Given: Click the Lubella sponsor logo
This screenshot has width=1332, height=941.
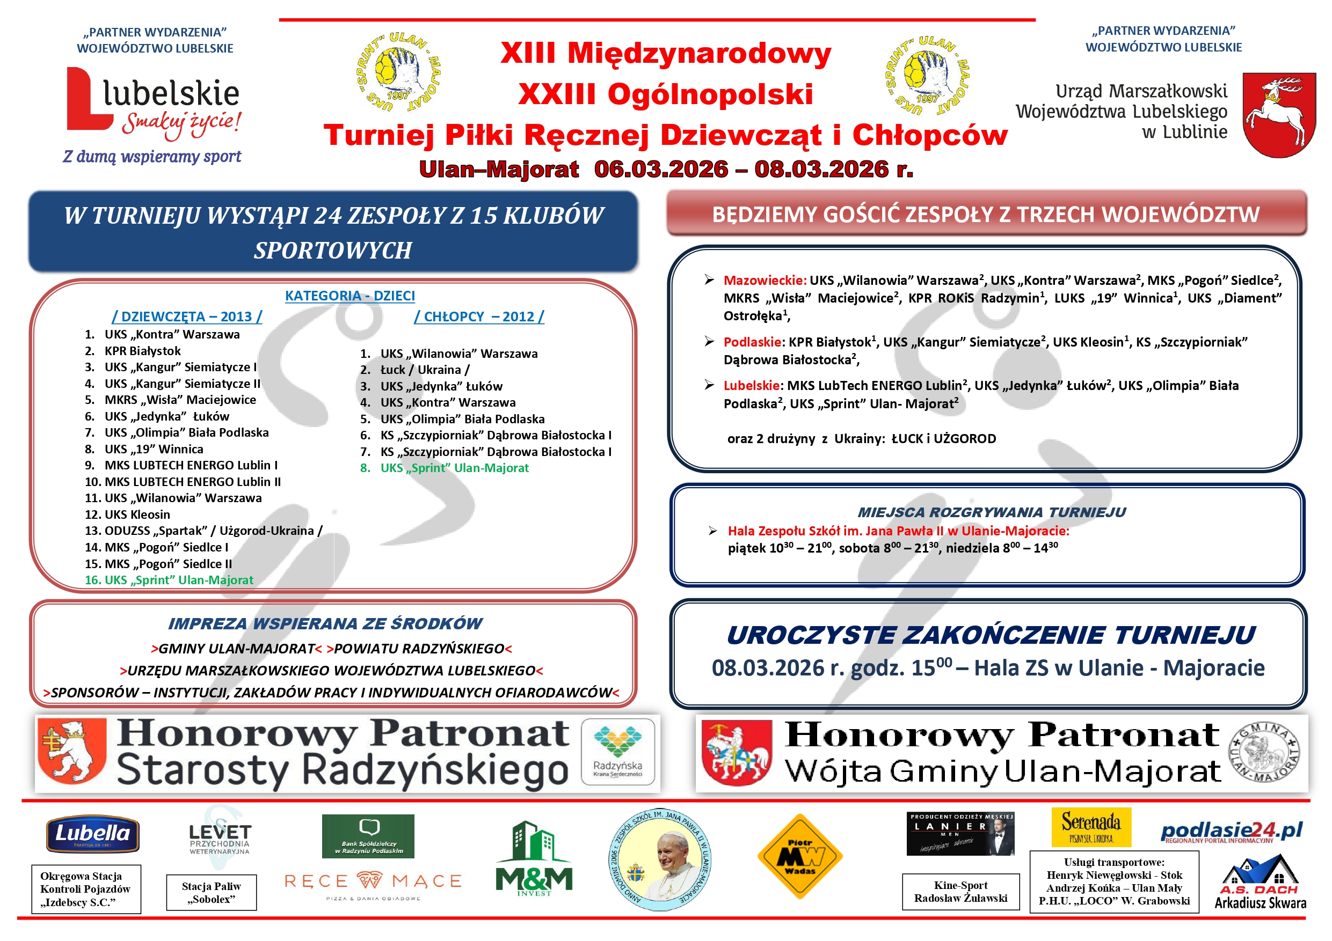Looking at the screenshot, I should pyautogui.click(x=93, y=834).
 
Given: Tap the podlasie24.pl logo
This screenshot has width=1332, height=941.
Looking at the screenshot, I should pyautogui.click(x=1231, y=832).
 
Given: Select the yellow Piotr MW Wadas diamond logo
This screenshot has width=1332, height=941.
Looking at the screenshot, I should pyautogui.click(x=800, y=856).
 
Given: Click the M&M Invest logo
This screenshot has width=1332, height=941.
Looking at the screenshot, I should pyautogui.click(x=534, y=859).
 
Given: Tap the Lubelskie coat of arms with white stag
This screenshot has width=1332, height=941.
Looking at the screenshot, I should pyautogui.click(x=1279, y=114).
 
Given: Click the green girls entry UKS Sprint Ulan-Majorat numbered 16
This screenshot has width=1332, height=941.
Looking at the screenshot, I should pyautogui.click(x=170, y=580).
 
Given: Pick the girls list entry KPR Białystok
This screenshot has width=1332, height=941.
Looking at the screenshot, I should pyautogui.click(x=142, y=351).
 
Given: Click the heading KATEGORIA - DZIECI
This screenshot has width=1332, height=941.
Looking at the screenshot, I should pyautogui.click(x=350, y=296).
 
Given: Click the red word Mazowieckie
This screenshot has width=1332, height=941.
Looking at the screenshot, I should pyautogui.click(x=765, y=281).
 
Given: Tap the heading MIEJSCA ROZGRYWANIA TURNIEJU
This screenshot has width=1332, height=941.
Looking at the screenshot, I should pyautogui.click(x=992, y=512).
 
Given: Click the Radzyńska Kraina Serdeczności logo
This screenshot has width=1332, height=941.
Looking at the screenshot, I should pyautogui.click(x=617, y=752).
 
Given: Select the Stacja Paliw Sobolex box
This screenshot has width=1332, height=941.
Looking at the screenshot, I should pyautogui.click(x=211, y=892).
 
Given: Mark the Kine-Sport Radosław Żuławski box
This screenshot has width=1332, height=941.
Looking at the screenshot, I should pyautogui.click(x=960, y=892).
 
